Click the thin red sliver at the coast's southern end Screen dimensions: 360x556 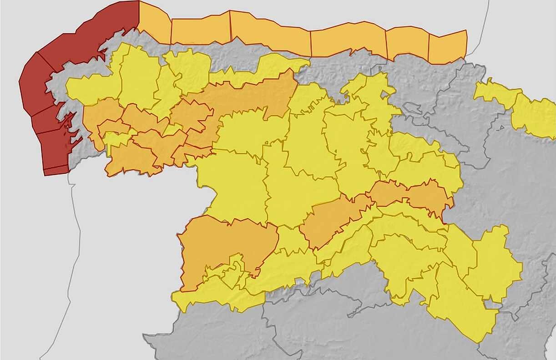(x=56, y=171)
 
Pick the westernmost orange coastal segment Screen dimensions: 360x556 (x=155, y=20)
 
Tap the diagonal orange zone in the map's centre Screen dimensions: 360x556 (x=332, y=221)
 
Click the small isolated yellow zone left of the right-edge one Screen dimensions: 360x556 (x=496, y=93)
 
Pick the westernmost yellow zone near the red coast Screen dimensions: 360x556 (x=89, y=89)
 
